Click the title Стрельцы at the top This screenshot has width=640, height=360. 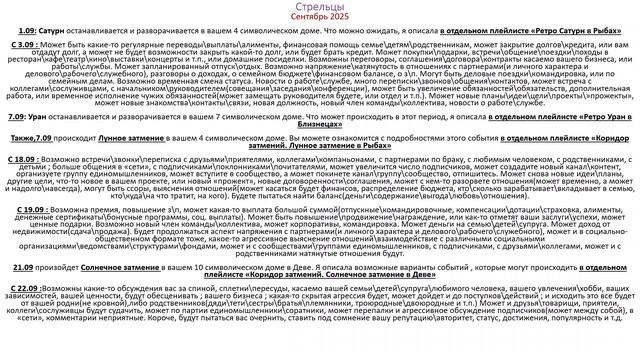pyautogui.click(x=319, y=7)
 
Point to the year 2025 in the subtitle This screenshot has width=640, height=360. pyautogui.click(x=342, y=18)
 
